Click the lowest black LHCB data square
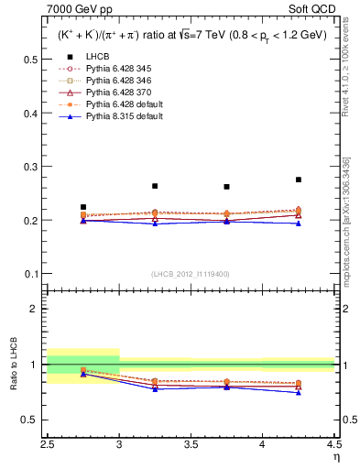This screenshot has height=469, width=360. [x=83, y=207]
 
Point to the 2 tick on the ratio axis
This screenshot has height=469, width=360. [x=37, y=309]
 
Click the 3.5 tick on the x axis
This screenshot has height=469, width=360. [x=191, y=445]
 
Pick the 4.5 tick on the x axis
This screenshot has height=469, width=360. [x=333, y=445]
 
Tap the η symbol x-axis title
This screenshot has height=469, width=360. [x=335, y=457]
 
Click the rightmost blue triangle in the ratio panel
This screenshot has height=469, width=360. [x=299, y=392]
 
